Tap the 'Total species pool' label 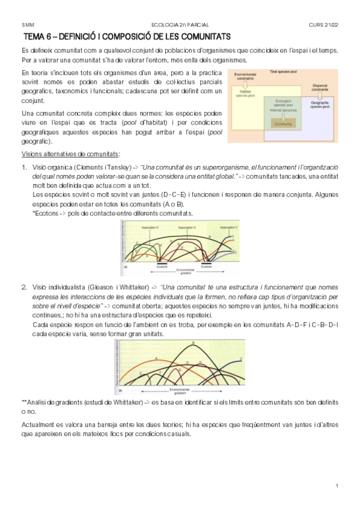point(282,72)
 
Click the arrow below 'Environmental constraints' point(247,85)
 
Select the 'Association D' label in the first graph point(186,228)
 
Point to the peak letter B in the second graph point(193,343)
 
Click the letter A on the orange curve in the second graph point(156,357)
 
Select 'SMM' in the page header point(28,25)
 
